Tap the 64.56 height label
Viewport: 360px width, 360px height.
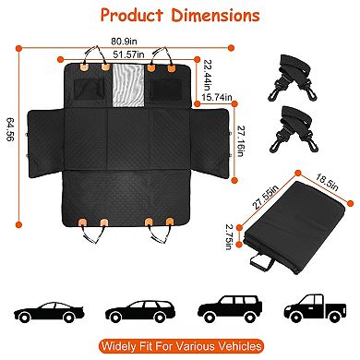12,137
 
